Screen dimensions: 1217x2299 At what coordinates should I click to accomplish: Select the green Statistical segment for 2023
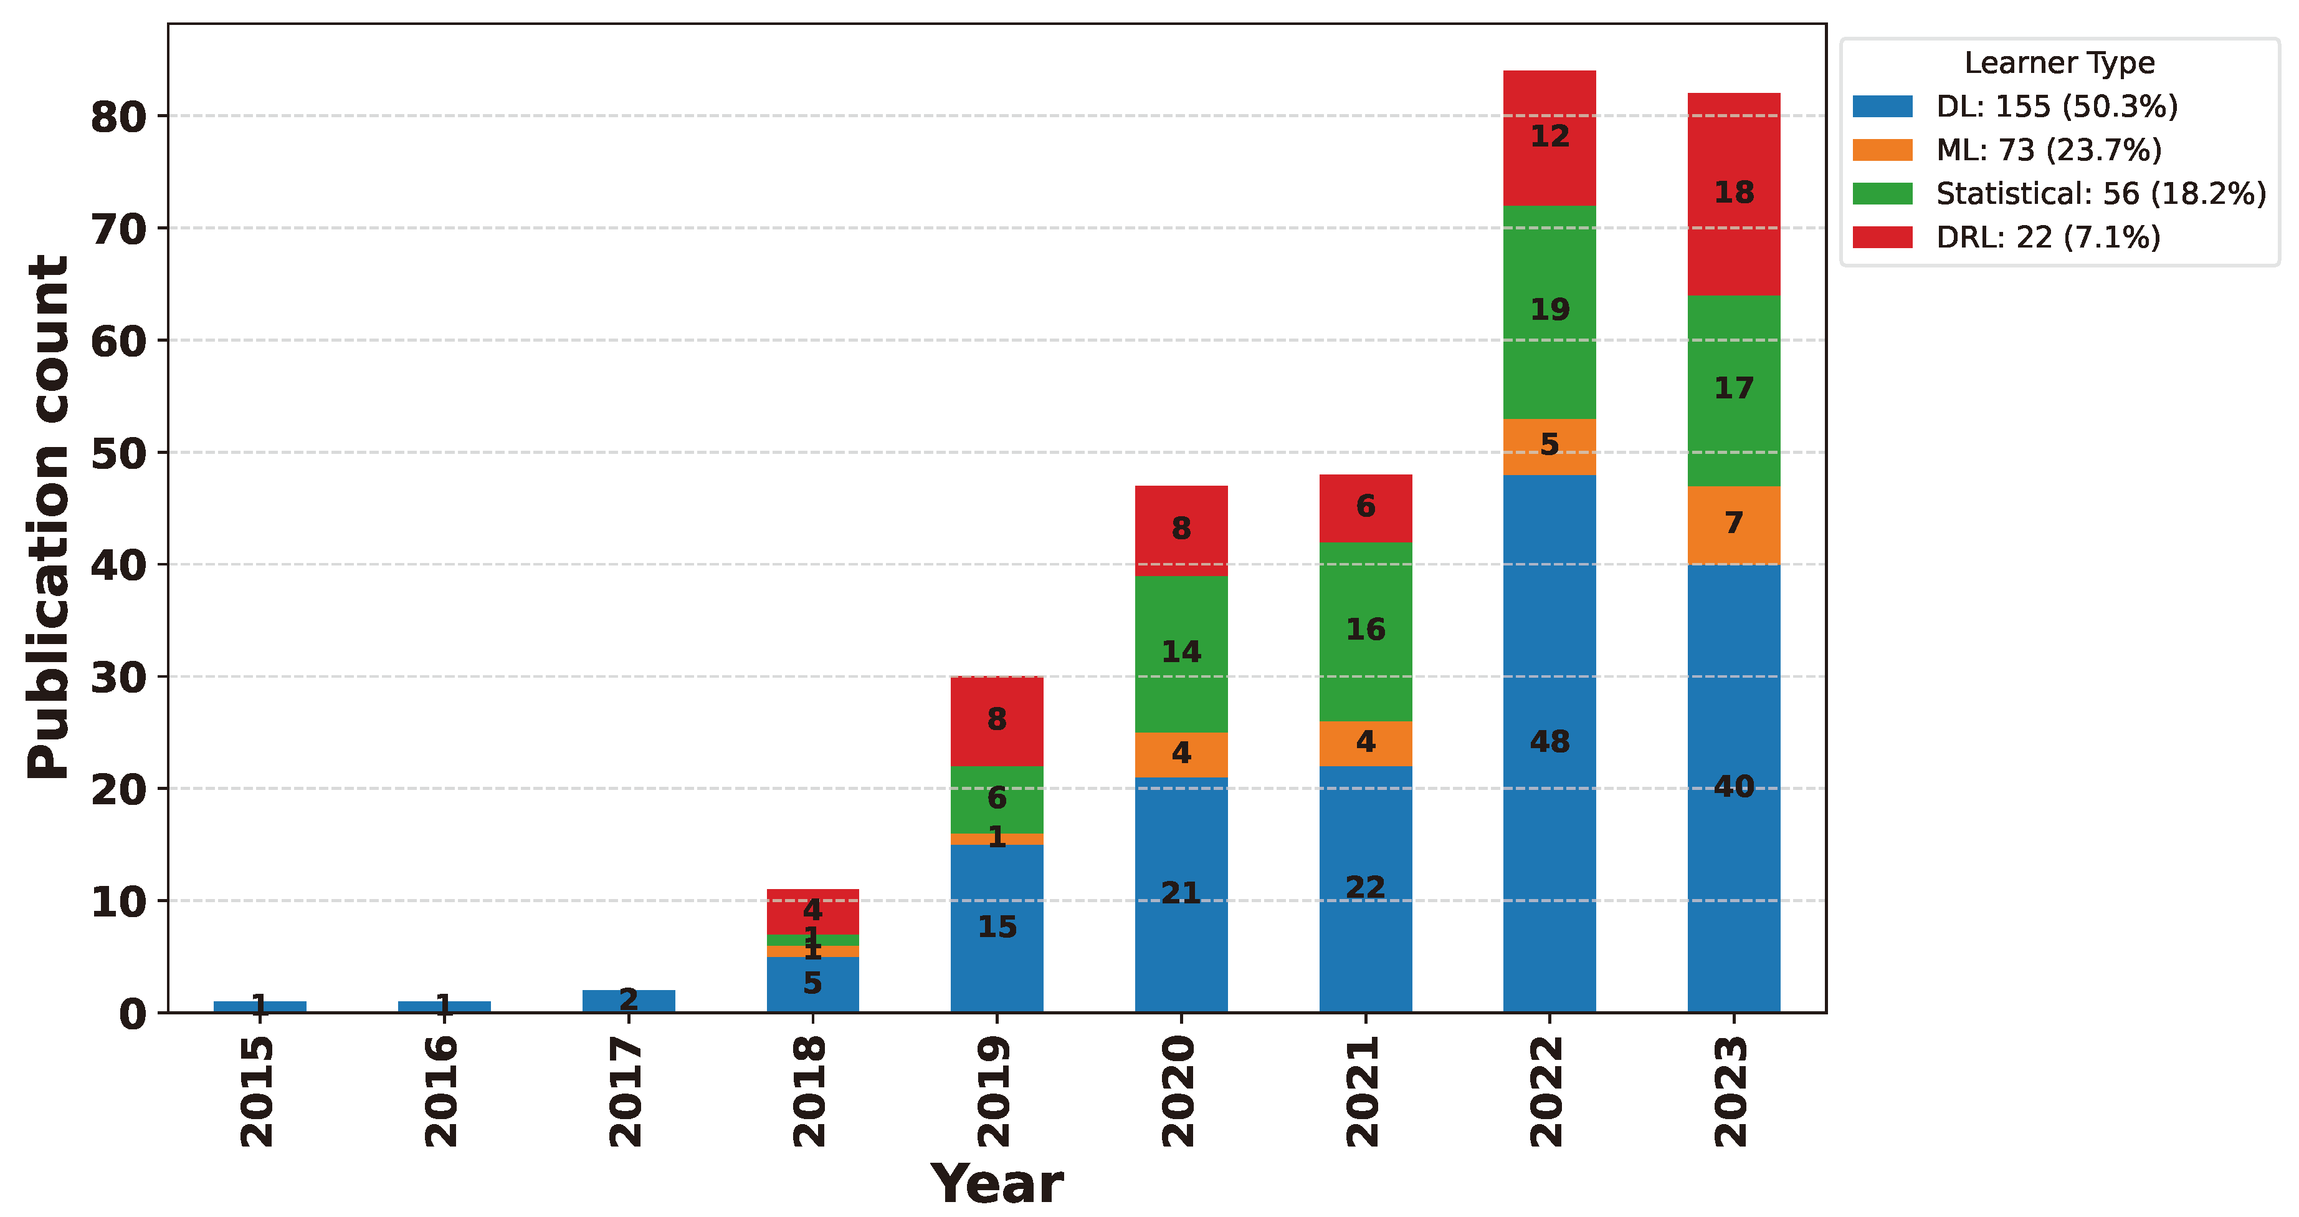[1733, 420]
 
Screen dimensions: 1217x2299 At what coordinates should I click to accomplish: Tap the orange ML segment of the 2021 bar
[1366, 743]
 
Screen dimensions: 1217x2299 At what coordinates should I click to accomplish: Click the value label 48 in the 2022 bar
[1549, 741]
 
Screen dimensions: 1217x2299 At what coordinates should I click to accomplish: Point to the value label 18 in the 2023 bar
[1733, 192]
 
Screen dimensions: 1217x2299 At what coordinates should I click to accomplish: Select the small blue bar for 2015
[260, 1006]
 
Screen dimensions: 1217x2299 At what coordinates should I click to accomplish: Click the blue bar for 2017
[628, 1001]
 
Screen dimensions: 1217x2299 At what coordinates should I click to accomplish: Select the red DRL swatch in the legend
[1882, 238]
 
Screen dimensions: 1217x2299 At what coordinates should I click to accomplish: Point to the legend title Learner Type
[2059, 62]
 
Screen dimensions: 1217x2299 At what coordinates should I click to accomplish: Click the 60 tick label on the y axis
[118, 341]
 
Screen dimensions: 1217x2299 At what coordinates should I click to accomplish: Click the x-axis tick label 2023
[1732, 1091]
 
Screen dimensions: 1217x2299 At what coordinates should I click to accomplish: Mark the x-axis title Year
[996, 1184]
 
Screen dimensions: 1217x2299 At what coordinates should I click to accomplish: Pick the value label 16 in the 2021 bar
[1366, 630]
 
